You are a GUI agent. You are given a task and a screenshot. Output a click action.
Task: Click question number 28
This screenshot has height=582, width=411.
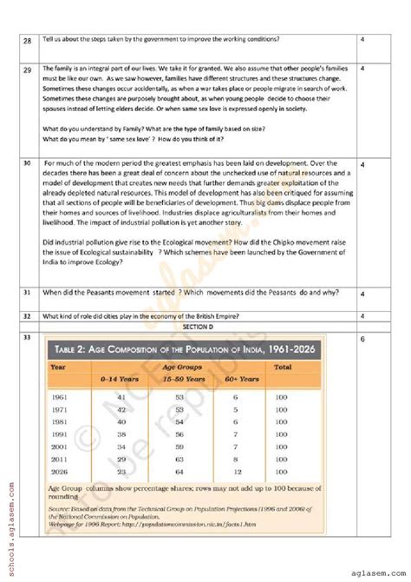28,39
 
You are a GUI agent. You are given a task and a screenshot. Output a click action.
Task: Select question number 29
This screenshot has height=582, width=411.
28,68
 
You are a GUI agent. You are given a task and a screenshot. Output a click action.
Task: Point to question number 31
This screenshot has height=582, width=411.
28,292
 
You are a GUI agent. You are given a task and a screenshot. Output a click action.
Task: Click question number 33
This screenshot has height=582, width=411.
28,336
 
